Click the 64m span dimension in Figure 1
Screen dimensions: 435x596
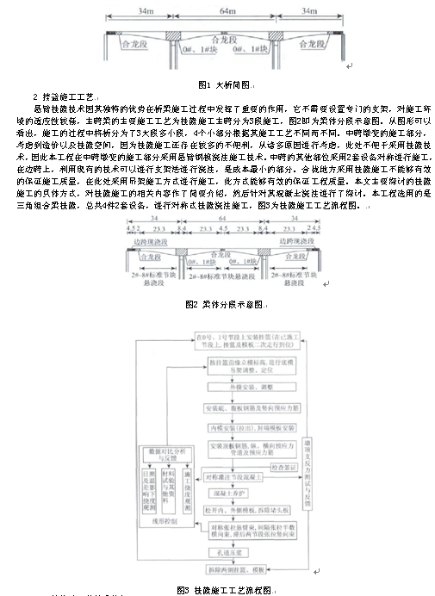(222, 11)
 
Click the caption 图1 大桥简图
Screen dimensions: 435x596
(222, 84)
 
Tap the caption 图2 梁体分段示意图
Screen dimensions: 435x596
(223, 304)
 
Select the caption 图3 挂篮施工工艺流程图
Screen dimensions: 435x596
(224, 590)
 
